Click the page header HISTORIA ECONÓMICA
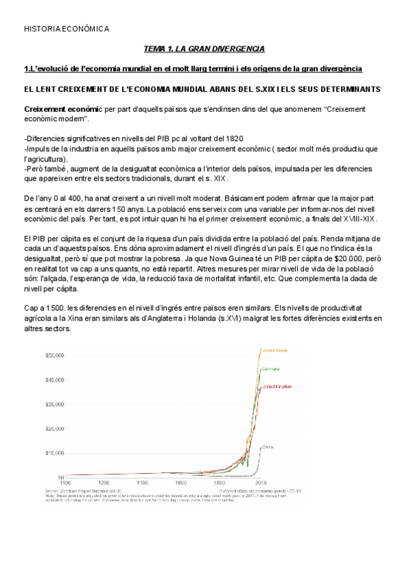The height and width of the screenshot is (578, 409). click(x=66, y=29)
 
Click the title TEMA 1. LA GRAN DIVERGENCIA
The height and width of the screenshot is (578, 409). click(x=204, y=49)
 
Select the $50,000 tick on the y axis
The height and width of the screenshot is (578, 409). click(x=54, y=355)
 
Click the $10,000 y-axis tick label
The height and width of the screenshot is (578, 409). click(x=54, y=452)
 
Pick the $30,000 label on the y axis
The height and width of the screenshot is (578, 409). click(x=54, y=404)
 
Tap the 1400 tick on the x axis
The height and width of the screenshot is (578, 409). click(x=153, y=481)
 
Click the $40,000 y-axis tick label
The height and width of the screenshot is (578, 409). click(x=54, y=380)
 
